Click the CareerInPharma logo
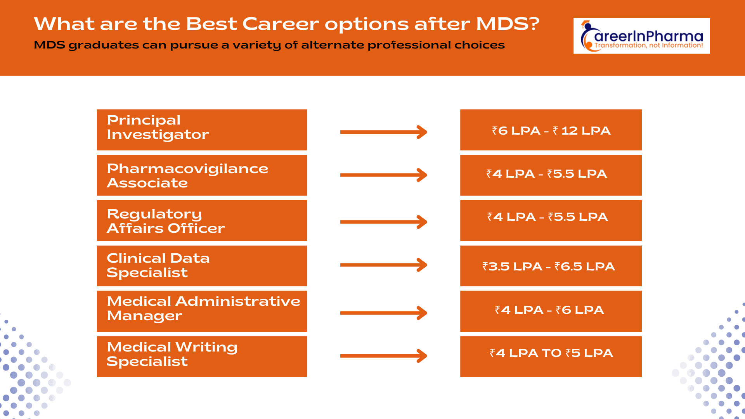(x=641, y=36)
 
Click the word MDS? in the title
(x=508, y=24)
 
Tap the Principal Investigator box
(x=202, y=130)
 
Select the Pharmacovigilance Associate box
(x=202, y=175)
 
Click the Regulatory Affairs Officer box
(x=202, y=220)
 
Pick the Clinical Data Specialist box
(x=202, y=266)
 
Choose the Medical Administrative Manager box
(x=202, y=311)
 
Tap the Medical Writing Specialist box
(x=202, y=356)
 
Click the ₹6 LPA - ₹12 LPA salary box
(x=551, y=130)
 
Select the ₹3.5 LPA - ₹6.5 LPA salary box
(x=551, y=266)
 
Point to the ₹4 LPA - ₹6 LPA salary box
(x=551, y=311)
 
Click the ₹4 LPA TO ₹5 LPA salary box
(x=551, y=356)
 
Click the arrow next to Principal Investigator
(x=383, y=132)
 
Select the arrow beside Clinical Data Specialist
(x=383, y=265)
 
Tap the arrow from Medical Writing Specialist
(x=383, y=355)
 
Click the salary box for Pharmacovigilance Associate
(x=551, y=175)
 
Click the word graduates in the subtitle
(x=104, y=45)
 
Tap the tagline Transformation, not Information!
(x=648, y=45)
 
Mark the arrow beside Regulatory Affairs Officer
(x=383, y=222)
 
